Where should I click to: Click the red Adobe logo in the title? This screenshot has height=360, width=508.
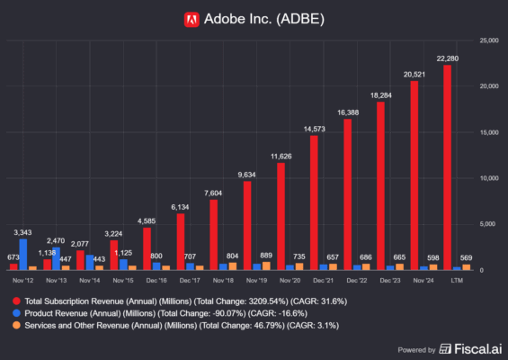191,17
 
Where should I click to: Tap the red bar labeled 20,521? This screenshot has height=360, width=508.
414,175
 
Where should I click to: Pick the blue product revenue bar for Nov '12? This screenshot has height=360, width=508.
23,254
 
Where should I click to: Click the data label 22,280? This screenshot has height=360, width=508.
446,58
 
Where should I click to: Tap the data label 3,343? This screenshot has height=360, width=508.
24,232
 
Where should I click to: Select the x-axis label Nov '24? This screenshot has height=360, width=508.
422,280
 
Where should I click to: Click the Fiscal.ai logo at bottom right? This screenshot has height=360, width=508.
467,348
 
